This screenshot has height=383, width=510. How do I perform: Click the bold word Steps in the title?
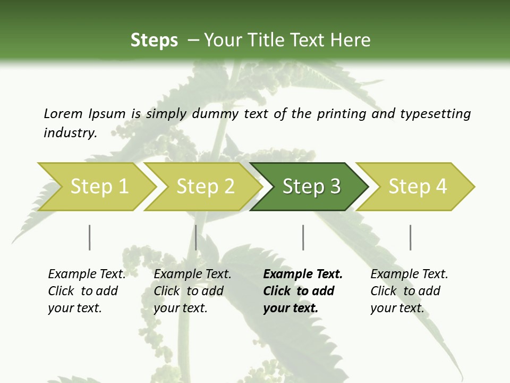coord(154,40)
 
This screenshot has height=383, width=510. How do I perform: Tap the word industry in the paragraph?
coord(70,133)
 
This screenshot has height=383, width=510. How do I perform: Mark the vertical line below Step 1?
coord(90,237)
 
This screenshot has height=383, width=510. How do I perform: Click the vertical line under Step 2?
coord(196,237)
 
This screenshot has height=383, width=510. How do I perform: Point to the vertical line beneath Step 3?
coord(303,237)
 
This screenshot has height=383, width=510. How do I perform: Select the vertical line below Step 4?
coord(410,237)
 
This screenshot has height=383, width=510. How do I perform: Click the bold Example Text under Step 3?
coord(303,274)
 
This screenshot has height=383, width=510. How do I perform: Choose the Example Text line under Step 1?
coord(87,274)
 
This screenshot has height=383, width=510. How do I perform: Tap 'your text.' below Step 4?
coord(397,308)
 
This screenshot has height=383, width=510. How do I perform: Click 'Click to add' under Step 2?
coord(189,291)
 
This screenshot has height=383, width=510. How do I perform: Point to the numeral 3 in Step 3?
coord(334,187)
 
